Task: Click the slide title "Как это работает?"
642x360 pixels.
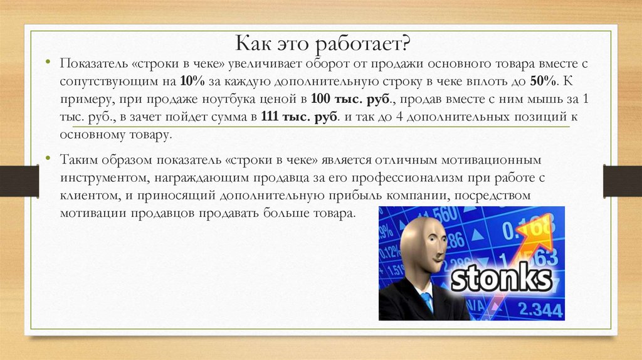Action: pos(323,44)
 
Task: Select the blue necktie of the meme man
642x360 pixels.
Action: pos(427,302)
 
